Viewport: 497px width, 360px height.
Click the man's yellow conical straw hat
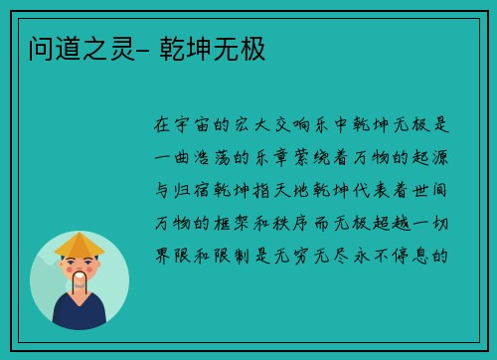(80, 244)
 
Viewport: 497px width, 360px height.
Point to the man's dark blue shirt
(80, 316)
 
